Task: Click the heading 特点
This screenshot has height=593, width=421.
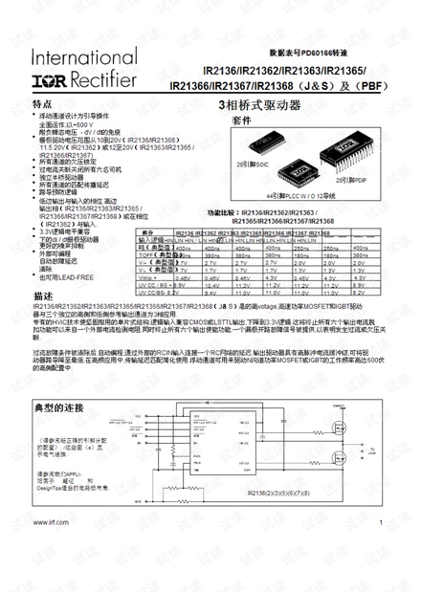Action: coord(42,104)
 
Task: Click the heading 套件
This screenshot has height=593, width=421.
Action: coord(241,121)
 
